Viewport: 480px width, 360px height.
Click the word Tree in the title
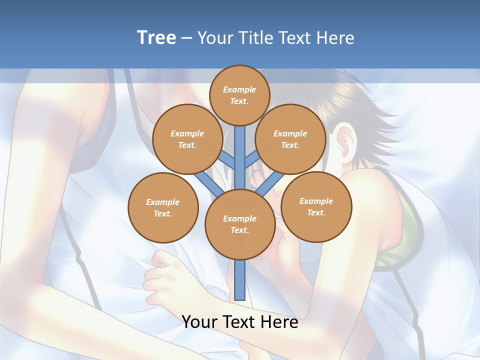tap(156, 38)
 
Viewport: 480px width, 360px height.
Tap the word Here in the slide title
tap(334, 38)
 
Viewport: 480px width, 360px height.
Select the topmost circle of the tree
tap(239, 95)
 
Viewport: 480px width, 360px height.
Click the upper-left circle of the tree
tap(187, 139)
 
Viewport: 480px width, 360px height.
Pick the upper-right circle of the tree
tap(290, 139)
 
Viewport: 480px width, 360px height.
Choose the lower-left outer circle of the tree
tap(163, 207)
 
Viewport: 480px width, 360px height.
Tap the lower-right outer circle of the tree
tap(316, 206)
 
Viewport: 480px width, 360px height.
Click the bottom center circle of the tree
tap(240, 224)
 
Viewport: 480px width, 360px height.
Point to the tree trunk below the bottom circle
tap(240, 280)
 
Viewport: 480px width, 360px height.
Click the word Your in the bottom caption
tap(198, 322)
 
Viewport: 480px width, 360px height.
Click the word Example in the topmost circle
tap(239, 89)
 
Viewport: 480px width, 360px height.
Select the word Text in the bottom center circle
tap(239, 230)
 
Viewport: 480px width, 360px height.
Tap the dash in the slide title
tap(186, 38)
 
